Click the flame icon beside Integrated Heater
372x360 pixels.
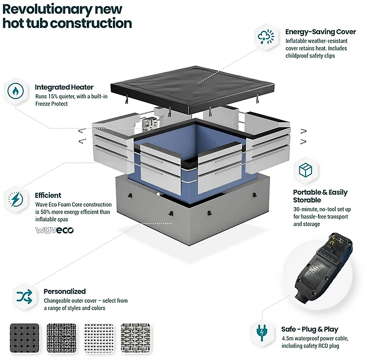click(15, 91)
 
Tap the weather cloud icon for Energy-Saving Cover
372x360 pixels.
click(266, 37)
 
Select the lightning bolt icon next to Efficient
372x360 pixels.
click(15, 199)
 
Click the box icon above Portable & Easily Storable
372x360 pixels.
click(306, 170)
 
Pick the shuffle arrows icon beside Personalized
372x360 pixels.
click(25, 296)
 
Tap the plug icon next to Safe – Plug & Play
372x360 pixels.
click(262, 333)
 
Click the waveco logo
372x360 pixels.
click(54, 230)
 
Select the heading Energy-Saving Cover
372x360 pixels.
click(320, 32)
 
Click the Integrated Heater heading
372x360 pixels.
click(64, 87)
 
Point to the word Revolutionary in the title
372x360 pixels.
click(47, 9)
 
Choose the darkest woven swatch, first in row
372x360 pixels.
click(25, 338)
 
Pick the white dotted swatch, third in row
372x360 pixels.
click(99, 338)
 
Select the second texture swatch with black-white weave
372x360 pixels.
click(62, 338)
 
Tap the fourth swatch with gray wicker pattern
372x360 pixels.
click(136, 338)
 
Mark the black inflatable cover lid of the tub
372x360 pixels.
click(193, 89)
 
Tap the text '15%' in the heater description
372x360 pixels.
click(53, 97)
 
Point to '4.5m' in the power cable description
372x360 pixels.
click(287, 339)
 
